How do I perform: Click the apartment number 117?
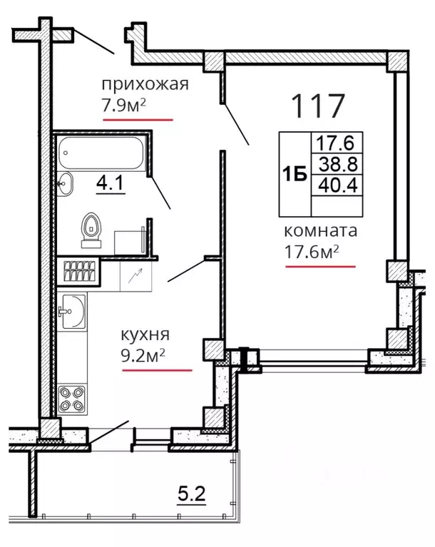(x=318, y=106)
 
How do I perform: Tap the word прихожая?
(x=145, y=85)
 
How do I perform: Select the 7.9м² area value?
(x=123, y=106)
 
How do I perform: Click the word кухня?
(x=145, y=335)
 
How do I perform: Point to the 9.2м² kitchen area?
(x=143, y=356)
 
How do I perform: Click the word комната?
(x=321, y=231)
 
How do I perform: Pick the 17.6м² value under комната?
(x=312, y=252)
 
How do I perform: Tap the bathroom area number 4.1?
(x=110, y=183)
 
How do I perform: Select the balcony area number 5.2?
(x=192, y=494)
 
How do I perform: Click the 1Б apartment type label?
(x=295, y=174)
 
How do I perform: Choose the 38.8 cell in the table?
(x=338, y=164)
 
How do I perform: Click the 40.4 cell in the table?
(x=338, y=185)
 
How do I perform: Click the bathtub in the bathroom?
(x=101, y=153)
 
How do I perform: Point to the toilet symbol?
(x=91, y=230)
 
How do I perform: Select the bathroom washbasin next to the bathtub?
(x=65, y=183)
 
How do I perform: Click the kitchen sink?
(x=72, y=312)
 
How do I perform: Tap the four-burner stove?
(x=72, y=399)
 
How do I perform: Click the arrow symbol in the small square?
(x=135, y=275)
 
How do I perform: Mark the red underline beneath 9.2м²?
(x=157, y=370)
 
